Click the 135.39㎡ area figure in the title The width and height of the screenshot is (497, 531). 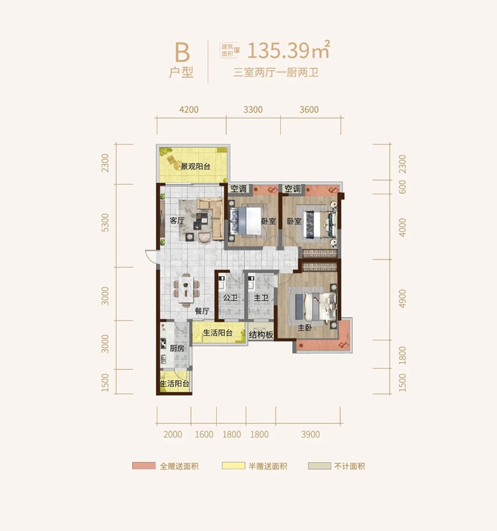click(289, 50)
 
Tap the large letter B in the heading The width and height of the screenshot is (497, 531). click(182, 53)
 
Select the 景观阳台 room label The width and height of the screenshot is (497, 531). click(196, 166)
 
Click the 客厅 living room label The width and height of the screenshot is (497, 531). click(177, 220)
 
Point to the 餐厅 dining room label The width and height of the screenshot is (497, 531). click(202, 311)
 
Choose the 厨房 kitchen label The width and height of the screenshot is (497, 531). click(177, 348)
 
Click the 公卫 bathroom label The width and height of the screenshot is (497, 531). click(230, 297)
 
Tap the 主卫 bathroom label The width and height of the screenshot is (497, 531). click(261, 297)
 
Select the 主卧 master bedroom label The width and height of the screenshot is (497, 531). click(305, 327)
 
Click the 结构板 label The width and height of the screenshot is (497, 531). click(261, 335)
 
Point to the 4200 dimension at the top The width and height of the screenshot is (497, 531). click(189, 110)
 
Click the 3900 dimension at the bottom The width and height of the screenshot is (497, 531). click(311, 435)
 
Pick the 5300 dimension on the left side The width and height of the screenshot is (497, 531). click(106, 222)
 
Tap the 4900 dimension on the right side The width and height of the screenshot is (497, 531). click(402, 299)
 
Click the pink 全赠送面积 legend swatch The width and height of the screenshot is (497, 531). click(144, 466)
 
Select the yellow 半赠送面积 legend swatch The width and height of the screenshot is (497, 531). click(234, 466)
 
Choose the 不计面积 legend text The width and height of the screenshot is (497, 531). click(350, 466)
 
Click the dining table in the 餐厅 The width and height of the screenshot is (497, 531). click(186, 290)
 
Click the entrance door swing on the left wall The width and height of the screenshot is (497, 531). click(151, 256)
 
